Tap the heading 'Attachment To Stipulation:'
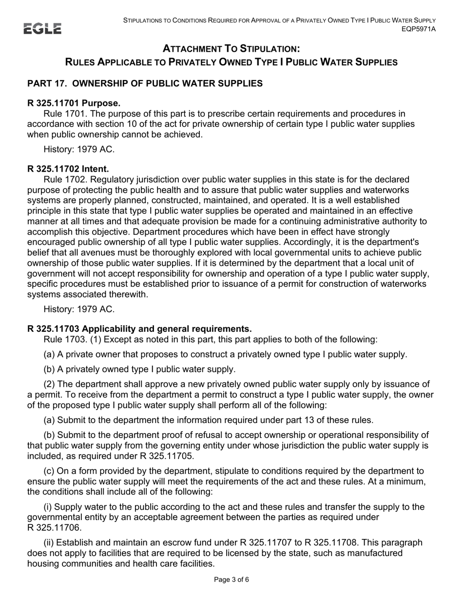(231, 49)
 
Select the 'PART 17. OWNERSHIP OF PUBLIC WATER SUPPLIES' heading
(145, 83)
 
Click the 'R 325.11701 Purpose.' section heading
(74, 103)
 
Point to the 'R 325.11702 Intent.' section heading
(68, 169)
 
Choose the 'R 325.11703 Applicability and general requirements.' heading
(139, 329)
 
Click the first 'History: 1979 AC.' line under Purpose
(79, 149)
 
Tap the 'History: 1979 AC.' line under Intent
(79, 309)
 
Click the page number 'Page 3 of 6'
(231, 580)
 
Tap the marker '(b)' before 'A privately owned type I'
(49, 369)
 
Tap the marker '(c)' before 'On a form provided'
(49, 471)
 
